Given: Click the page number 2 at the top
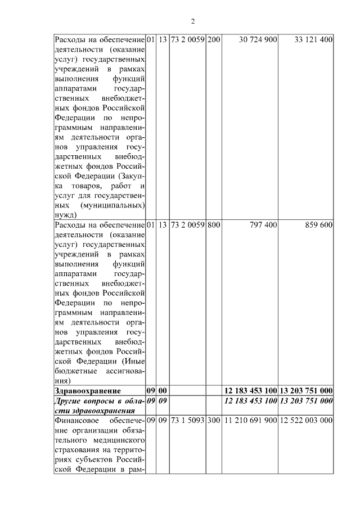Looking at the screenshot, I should coord(192,21).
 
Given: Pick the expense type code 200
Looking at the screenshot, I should coord(214,40).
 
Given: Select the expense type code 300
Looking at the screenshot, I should coord(214,420).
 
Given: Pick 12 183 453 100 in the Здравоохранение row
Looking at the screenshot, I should coord(250,390).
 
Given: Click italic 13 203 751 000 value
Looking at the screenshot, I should coord(307,400).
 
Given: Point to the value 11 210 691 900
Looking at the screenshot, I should coord(250,420).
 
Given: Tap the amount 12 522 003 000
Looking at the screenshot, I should coord(307,420).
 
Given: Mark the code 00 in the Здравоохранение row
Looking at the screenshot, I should coord(162,390).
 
